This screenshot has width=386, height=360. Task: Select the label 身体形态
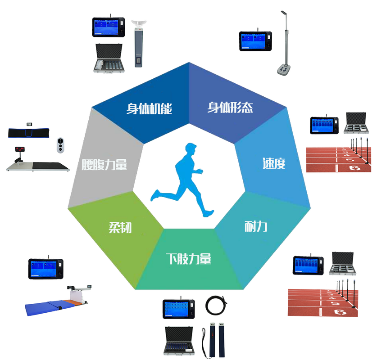pyautogui.click(x=230, y=108)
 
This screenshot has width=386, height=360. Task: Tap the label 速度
pyautogui.click(x=274, y=163)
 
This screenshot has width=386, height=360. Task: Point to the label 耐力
pyautogui.click(x=256, y=226)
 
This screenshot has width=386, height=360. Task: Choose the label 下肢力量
pyautogui.click(x=188, y=259)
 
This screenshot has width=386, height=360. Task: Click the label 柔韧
pyautogui.click(x=120, y=227)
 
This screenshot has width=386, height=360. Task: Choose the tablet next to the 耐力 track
pyautogui.click(x=308, y=265)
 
